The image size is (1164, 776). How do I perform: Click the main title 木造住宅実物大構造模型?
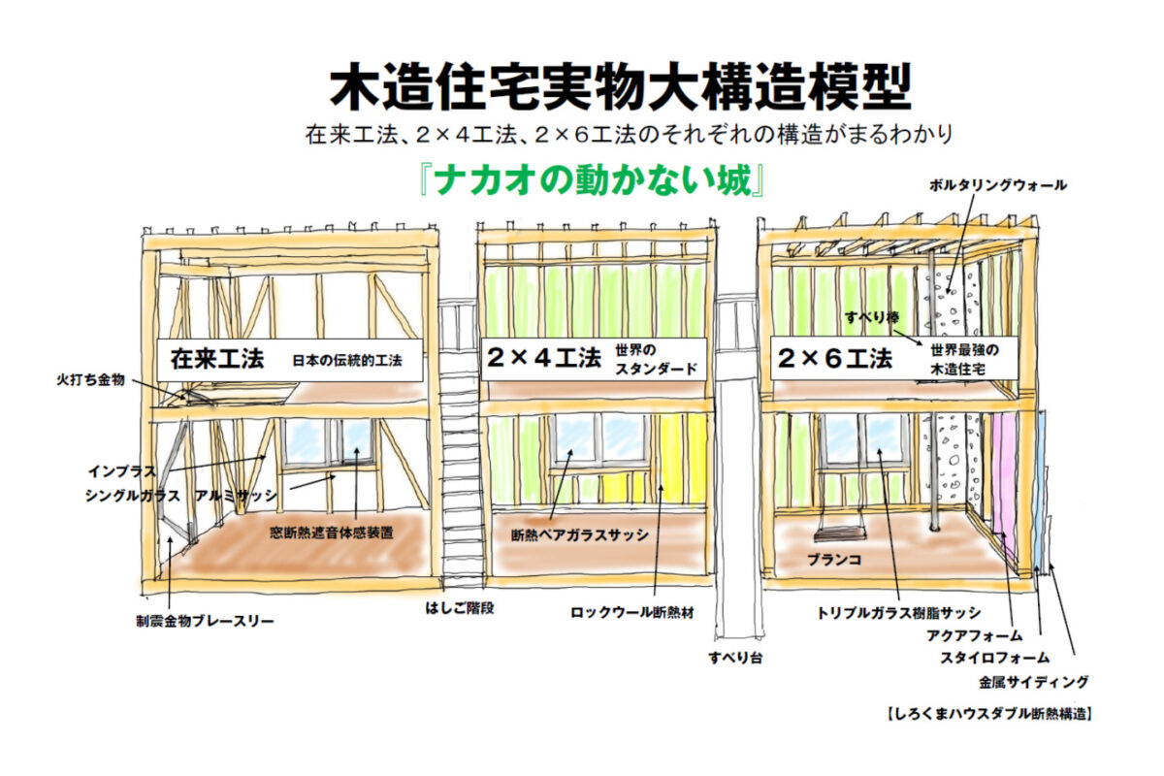tap(621, 89)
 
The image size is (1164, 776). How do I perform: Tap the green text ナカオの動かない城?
tap(592, 181)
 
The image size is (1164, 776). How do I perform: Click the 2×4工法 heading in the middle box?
tap(542, 359)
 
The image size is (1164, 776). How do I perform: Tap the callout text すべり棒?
tap(870, 316)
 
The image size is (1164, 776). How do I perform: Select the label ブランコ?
tap(834, 561)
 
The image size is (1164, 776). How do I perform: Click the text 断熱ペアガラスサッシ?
tap(580, 534)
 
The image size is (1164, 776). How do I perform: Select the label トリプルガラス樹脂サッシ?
tap(898, 613)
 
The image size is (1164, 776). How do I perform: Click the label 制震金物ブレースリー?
tap(204, 620)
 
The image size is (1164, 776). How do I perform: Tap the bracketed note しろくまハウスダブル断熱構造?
tap(989, 714)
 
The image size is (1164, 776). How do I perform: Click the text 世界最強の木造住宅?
tap(964, 359)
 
